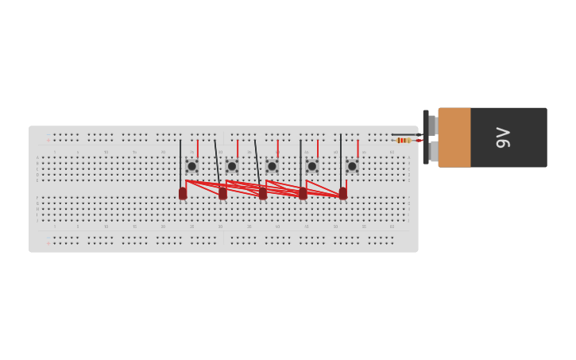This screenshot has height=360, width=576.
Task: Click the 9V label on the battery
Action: click(503, 137)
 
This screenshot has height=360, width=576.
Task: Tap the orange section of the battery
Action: click(454, 137)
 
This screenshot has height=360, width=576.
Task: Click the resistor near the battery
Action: click(404, 141)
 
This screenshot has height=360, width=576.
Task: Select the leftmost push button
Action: click(191, 166)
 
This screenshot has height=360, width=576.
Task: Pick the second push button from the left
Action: click(232, 166)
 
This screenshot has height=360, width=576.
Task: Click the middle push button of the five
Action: click(272, 166)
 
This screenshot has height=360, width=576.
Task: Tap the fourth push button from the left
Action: click(312, 166)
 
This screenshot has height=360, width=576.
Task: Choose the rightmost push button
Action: click(352, 166)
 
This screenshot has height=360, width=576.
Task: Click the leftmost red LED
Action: click(183, 193)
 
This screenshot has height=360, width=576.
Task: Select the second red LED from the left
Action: click(222, 193)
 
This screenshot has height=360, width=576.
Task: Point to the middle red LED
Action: click(263, 193)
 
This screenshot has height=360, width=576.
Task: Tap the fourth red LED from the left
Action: click(303, 193)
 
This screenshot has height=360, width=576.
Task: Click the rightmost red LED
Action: click(343, 193)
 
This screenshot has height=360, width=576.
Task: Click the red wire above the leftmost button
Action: click(197, 149)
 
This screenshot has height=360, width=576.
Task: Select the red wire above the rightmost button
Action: click(358, 149)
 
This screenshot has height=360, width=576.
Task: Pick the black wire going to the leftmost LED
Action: click(180, 159)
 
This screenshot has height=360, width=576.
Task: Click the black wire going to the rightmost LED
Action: click(341, 159)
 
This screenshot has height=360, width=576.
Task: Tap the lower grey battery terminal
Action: click(434, 151)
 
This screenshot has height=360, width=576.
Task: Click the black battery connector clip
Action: click(426, 137)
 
